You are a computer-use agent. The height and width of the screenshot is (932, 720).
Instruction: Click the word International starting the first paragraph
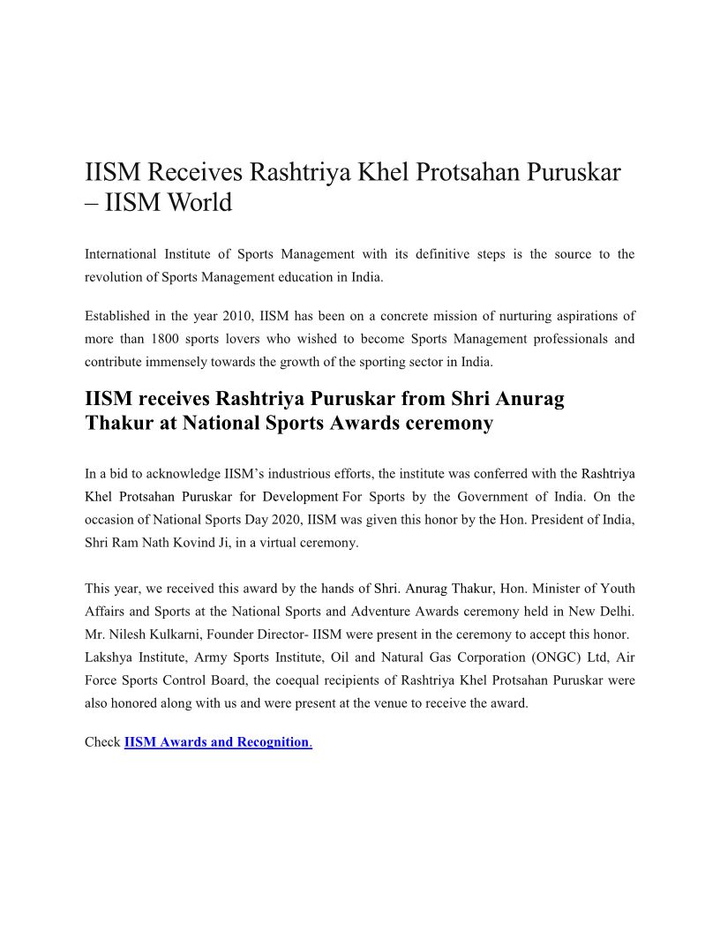pyautogui.click(x=120, y=254)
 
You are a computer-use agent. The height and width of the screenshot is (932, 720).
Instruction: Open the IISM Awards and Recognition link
pyautogui.click(x=217, y=742)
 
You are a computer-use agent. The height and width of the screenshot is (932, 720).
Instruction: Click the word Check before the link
pyautogui.click(x=102, y=742)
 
